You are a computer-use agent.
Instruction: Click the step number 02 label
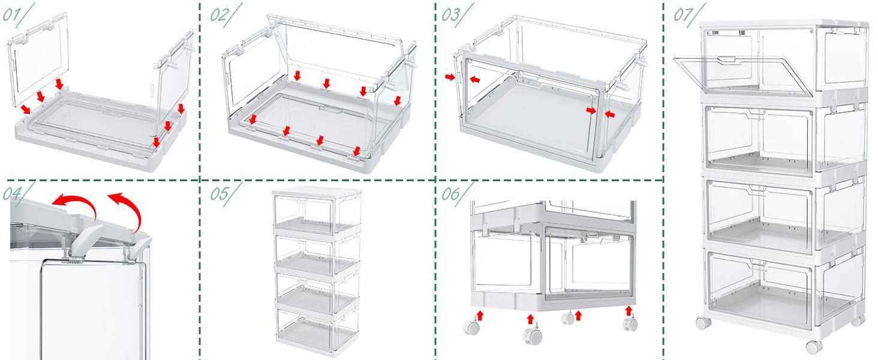pos(219,15)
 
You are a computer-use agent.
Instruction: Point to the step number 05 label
pos(219,193)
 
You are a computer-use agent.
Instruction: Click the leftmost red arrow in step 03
pos(449,77)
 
